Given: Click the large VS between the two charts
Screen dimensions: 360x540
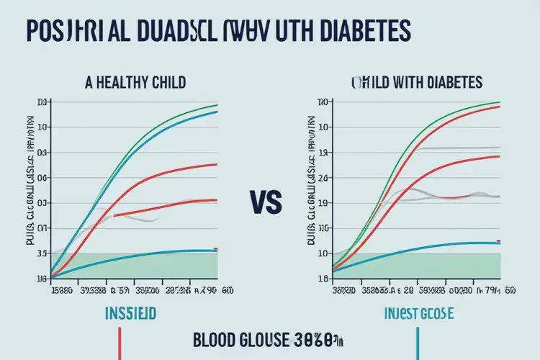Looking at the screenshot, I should coord(268,200).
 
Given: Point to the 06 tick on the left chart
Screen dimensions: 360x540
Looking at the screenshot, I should coord(41,177).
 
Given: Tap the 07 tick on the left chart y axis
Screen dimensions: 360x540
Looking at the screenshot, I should coord(41,228).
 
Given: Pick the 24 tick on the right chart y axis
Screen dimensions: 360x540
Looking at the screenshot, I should coord(323,177).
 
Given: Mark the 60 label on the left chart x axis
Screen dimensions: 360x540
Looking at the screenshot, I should coord(228,291).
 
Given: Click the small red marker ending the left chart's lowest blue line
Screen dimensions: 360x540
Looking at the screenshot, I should coord(216,249).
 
